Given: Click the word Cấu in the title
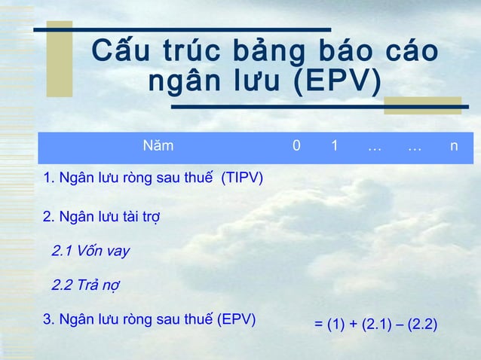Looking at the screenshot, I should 120,52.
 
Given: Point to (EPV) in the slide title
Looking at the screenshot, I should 336,81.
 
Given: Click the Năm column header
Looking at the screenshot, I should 158,145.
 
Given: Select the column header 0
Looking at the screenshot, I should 296,145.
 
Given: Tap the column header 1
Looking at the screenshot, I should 334,145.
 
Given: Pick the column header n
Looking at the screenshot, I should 452,145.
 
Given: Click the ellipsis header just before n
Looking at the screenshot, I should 414,145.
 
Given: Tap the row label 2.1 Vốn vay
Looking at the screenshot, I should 90,251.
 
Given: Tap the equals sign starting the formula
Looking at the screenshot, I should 318,325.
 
